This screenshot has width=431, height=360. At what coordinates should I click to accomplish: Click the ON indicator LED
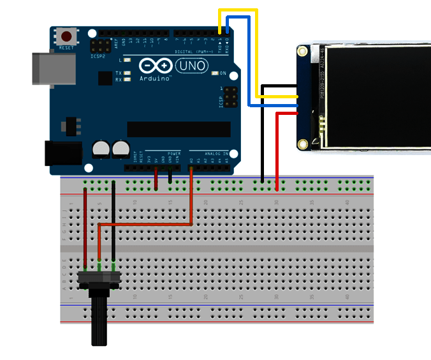pyautogui.click(x=215, y=73)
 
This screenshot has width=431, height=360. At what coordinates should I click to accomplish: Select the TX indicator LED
pyautogui.click(x=128, y=73)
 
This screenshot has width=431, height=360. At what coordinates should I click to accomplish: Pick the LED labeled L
pyautogui.click(x=128, y=59)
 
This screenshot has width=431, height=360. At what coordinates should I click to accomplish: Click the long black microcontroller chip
pyautogui.click(x=179, y=129)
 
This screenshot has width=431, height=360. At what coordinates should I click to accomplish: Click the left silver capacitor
pyautogui.click(x=101, y=149)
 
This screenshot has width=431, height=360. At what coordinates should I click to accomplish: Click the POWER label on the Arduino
pyautogui.click(x=174, y=153)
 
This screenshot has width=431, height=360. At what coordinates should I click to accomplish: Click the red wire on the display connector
pyautogui.click(x=277, y=147)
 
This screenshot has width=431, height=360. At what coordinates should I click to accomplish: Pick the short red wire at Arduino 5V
pyautogui.click(x=156, y=179)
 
